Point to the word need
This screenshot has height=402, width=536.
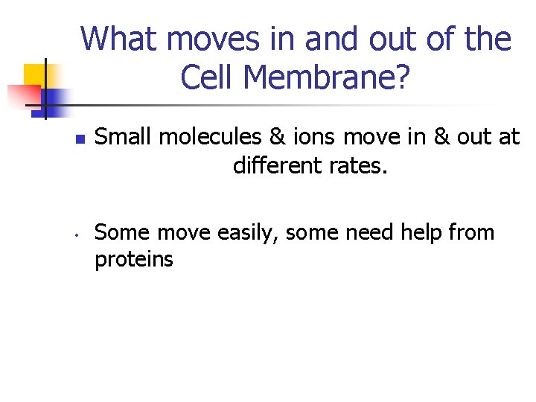pos(367,232)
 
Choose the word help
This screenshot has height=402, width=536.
pos(423,232)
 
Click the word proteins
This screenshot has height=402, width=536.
pos(134,260)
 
